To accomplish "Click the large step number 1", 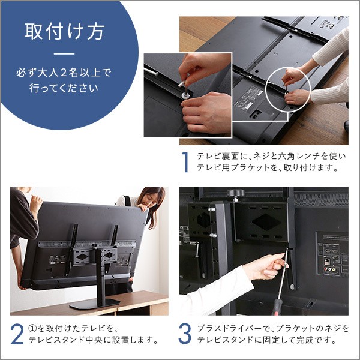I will [185, 163].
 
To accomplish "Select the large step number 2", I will [18, 334].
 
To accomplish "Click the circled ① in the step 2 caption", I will [35, 328].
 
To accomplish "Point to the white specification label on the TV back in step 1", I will [252, 95].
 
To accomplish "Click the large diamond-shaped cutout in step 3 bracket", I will [265, 221].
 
